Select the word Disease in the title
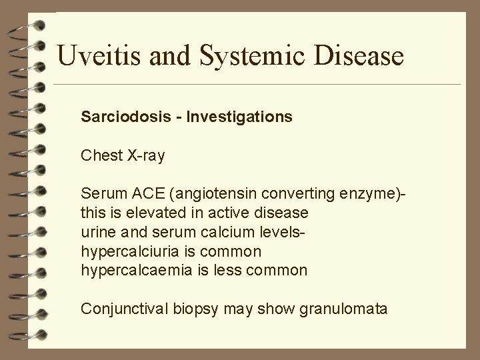click(x=359, y=55)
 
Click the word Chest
click(x=99, y=155)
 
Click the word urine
click(x=96, y=232)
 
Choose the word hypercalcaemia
click(x=133, y=270)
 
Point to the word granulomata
click(x=341, y=309)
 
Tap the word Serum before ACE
click(x=99, y=194)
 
